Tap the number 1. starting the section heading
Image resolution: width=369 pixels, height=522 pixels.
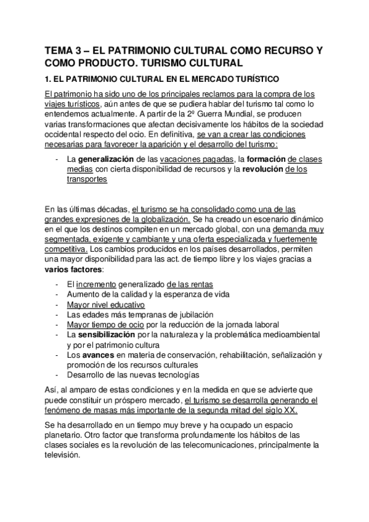point(49,79)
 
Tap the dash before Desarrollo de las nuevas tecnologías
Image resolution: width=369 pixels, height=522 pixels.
point(57,374)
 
